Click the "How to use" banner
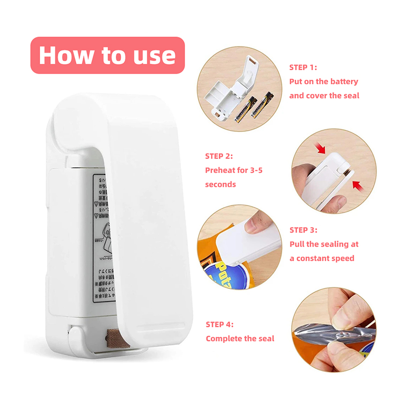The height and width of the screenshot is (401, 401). (x=107, y=55)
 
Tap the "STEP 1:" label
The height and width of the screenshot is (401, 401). (x=303, y=67)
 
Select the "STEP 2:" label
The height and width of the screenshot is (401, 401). (x=219, y=156)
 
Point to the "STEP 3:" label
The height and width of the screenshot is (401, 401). (x=303, y=230)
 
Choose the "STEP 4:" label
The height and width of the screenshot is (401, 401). (x=220, y=324)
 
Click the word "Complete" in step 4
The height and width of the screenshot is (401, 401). (x=223, y=339)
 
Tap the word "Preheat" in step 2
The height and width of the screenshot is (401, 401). (x=221, y=170)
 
